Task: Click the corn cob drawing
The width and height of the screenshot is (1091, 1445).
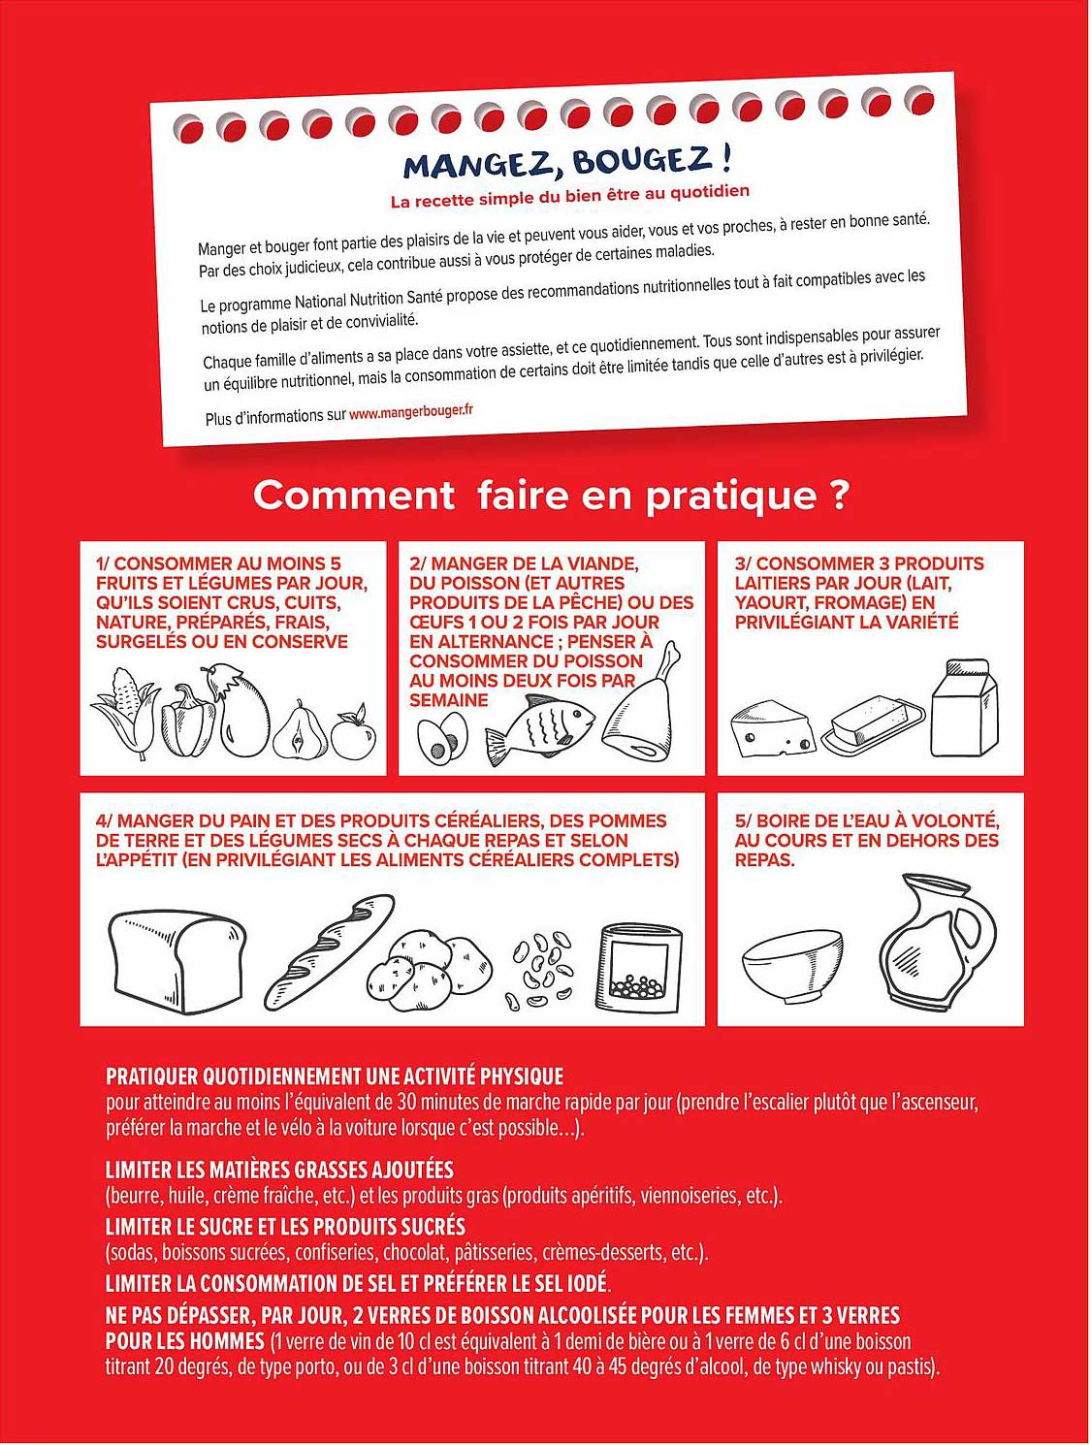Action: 124,712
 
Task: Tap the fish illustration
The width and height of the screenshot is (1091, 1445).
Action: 539,726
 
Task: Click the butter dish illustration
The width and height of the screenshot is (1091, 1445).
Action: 873,727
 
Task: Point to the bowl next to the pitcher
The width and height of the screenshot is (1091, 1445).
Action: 792,964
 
